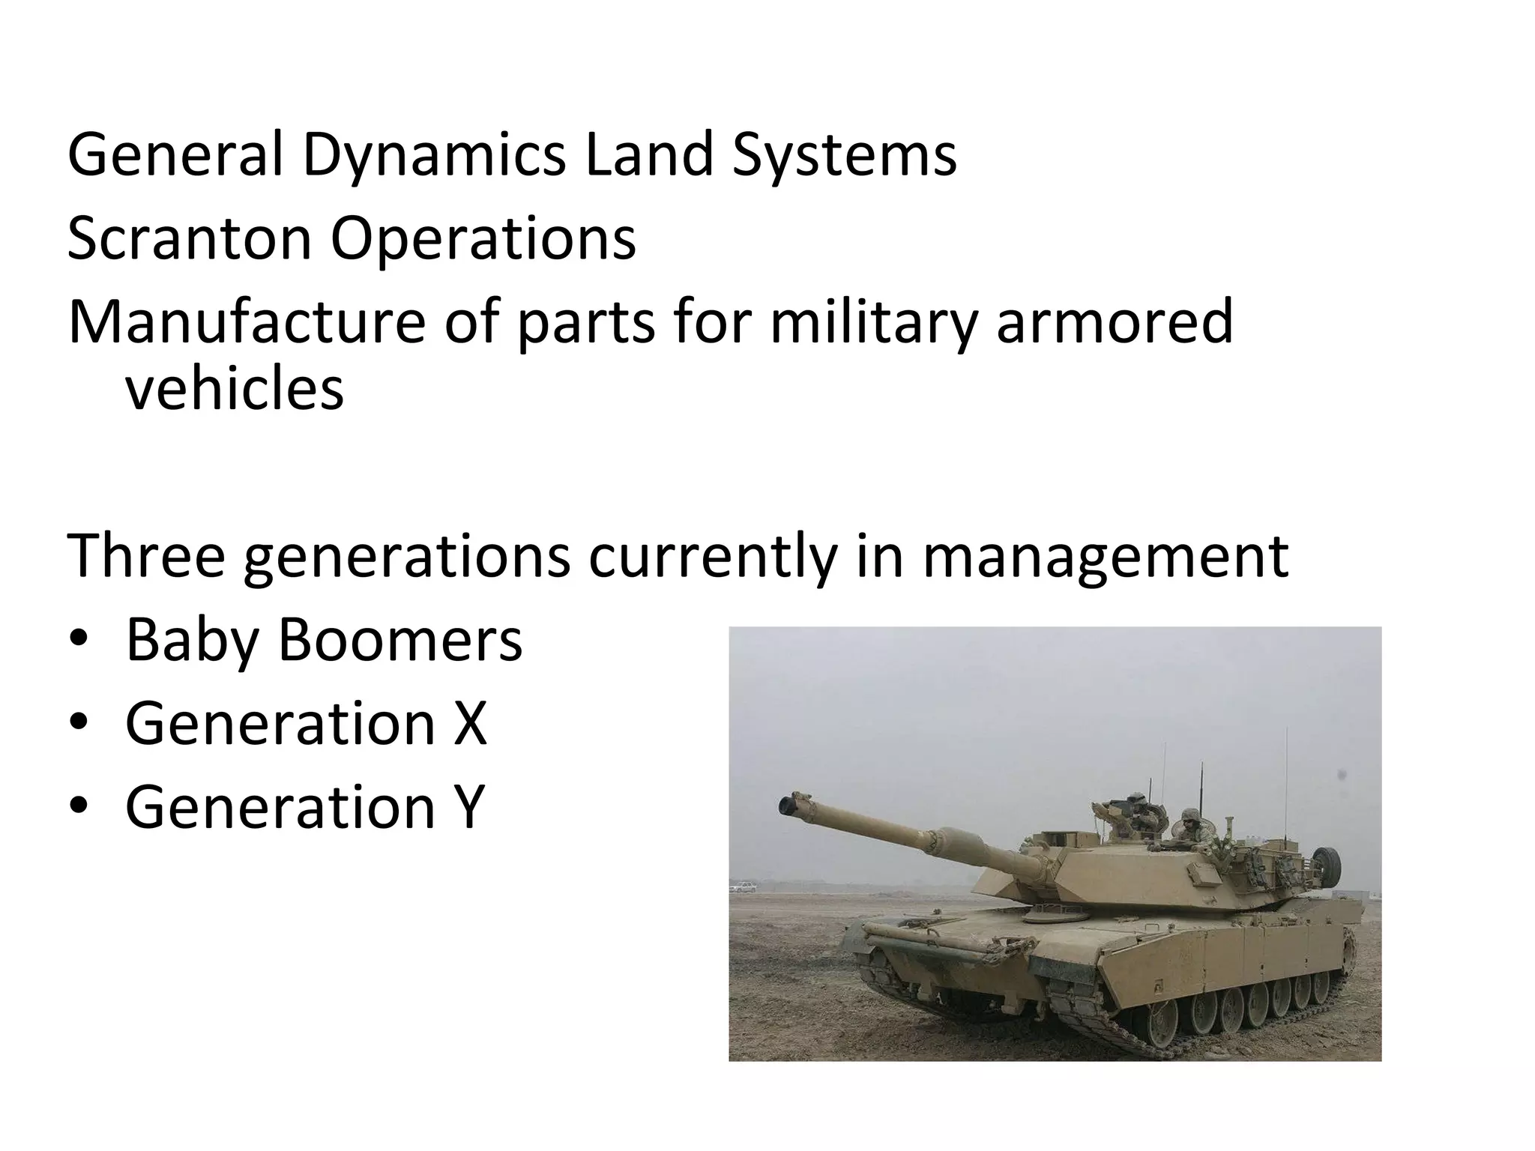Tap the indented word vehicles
click(x=234, y=390)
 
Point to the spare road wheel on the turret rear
click(x=1329, y=864)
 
